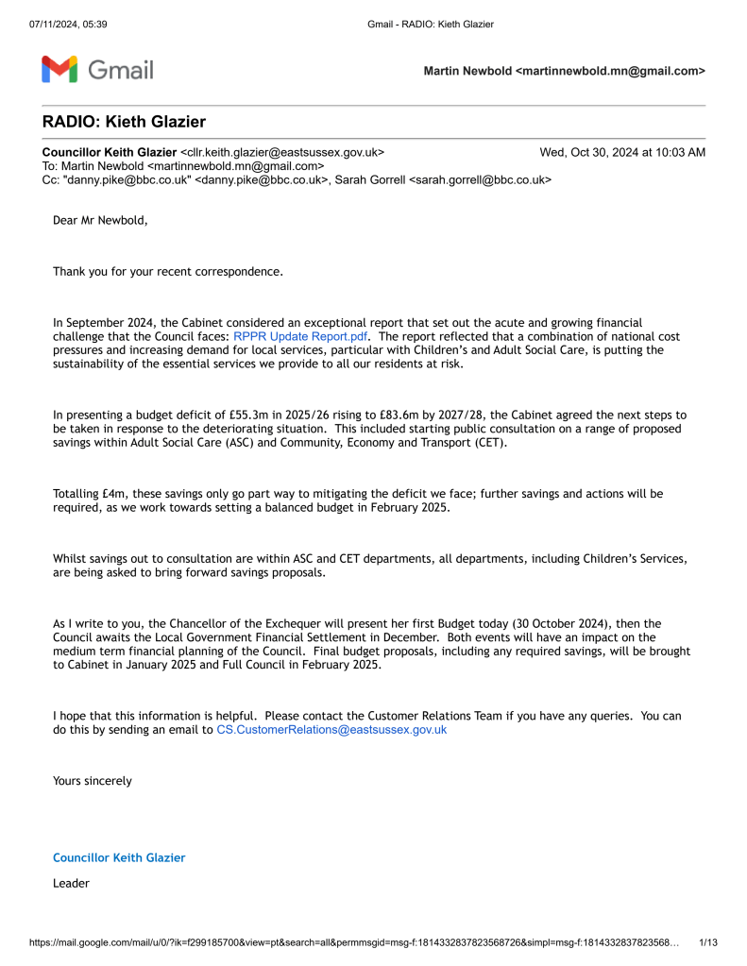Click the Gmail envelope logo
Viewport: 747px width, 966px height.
(x=58, y=69)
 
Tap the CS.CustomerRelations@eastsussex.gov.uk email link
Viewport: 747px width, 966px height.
(x=331, y=729)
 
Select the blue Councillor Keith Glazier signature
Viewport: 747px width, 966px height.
(x=119, y=857)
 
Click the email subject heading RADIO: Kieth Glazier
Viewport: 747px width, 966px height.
(x=124, y=122)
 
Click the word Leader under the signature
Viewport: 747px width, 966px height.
(x=71, y=884)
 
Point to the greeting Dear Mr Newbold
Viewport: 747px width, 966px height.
(x=100, y=221)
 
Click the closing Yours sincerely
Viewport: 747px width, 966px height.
(x=93, y=781)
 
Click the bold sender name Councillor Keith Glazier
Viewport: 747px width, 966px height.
(x=110, y=152)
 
